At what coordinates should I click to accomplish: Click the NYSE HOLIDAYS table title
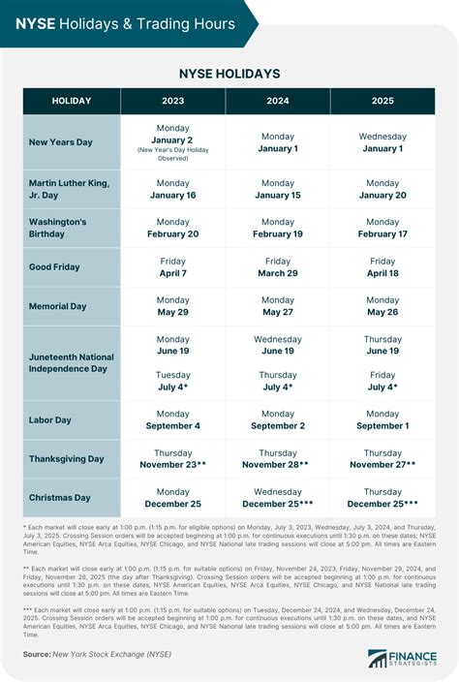point(229,74)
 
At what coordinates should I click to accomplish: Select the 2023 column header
point(173,102)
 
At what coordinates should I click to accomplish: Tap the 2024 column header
point(278,102)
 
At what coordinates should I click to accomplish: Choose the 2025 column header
point(382,102)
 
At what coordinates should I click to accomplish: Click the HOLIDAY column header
point(73,102)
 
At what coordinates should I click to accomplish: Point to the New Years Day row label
point(61,142)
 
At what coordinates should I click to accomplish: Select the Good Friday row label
point(54,267)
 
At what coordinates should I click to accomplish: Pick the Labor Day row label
point(50,420)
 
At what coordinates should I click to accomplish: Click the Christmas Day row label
point(59,498)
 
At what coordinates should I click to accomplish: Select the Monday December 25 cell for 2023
point(173,498)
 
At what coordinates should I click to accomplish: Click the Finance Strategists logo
point(402,658)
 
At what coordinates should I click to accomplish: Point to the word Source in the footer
point(36,656)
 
